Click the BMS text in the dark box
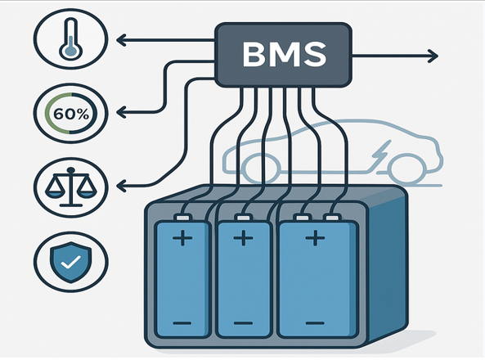point(285,55)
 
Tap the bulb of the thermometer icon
point(71,51)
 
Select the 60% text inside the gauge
point(71,115)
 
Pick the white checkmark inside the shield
point(71,263)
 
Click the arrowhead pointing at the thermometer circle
point(121,40)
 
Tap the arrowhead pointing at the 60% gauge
point(121,112)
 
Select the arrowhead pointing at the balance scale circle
point(121,186)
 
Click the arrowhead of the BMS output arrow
point(433,56)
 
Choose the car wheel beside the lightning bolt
point(407,169)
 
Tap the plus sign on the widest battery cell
point(315,238)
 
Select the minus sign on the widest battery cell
point(315,323)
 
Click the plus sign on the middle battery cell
point(243,238)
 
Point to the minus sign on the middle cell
point(243,323)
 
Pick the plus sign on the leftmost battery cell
point(182,238)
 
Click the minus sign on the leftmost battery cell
point(182,323)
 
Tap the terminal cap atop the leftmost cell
point(183,218)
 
